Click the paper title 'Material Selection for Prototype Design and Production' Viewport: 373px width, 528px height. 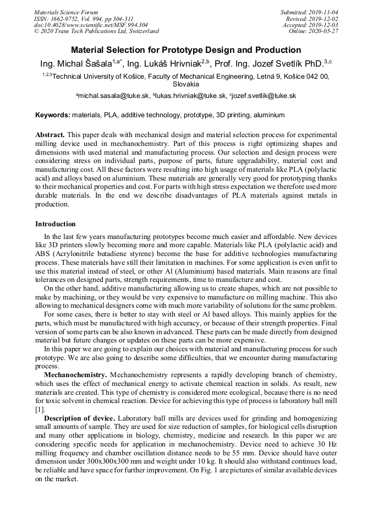point(186,49)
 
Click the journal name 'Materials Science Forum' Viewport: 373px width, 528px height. point(66,12)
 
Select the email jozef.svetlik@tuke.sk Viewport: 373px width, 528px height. point(265,96)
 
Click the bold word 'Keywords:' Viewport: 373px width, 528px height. point(53,115)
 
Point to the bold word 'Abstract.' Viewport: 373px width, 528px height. point(50,135)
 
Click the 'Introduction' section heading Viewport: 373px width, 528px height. point(56,224)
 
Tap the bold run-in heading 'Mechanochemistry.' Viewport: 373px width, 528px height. point(75,374)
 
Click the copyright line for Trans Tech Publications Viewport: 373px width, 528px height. point(96,31)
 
